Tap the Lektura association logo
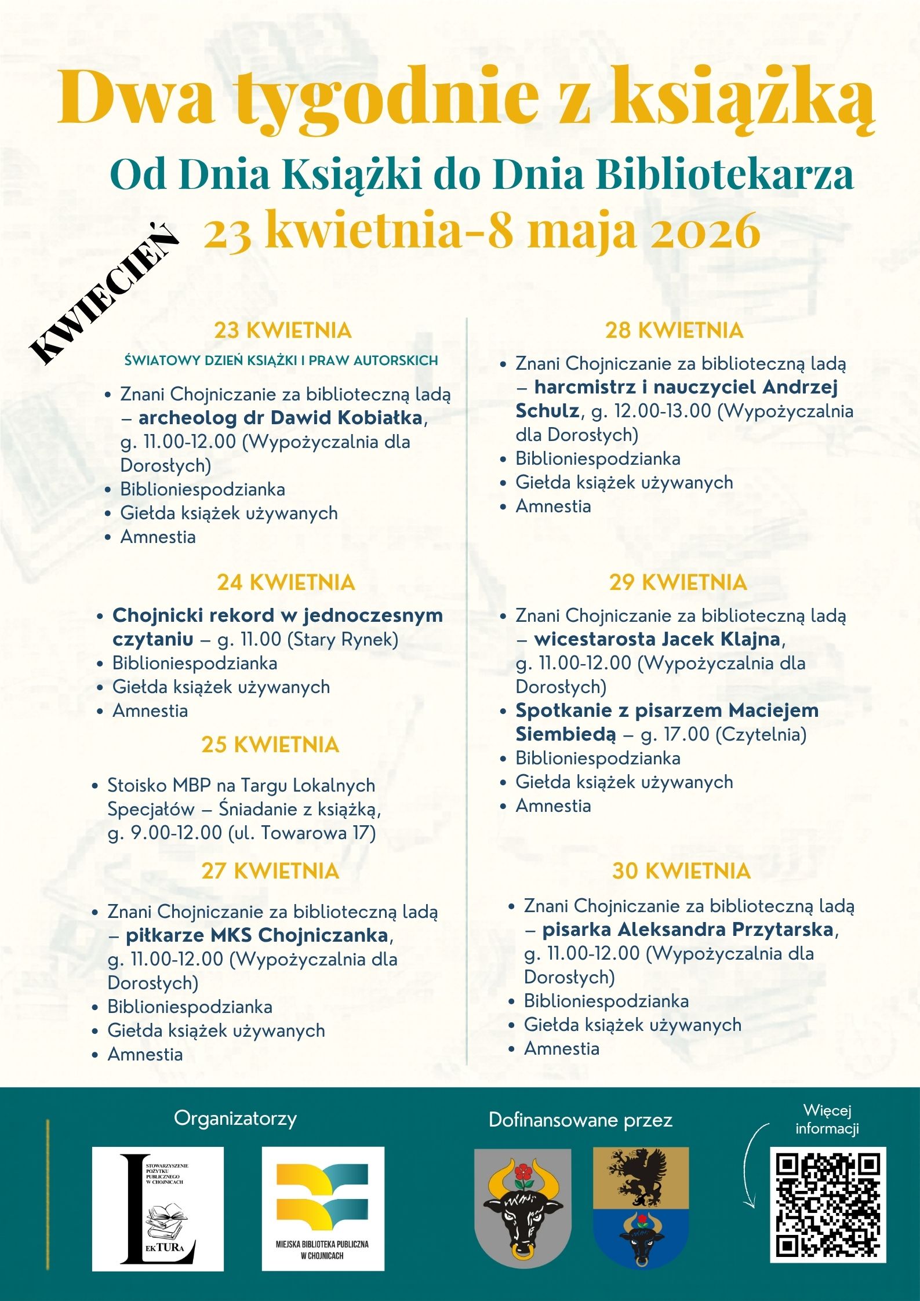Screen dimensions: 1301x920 tap(158, 1208)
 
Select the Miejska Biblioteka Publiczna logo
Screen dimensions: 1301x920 tap(323, 1208)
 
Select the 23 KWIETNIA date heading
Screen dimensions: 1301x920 tap(283, 331)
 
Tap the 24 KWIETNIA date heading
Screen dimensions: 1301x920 tap(286, 582)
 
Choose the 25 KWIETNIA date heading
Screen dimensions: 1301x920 tap(270, 745)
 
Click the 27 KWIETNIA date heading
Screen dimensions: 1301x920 tap(270, 871)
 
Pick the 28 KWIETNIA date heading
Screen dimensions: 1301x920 tap(674, 330)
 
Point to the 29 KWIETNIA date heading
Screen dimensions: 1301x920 tap(678, 582)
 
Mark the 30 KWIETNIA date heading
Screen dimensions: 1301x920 tap(681, 871)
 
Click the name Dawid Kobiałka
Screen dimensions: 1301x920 tap(346, 418)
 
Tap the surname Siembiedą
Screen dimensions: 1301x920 tap(566, 734)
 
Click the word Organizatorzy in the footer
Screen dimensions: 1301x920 tap(235, 1118)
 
